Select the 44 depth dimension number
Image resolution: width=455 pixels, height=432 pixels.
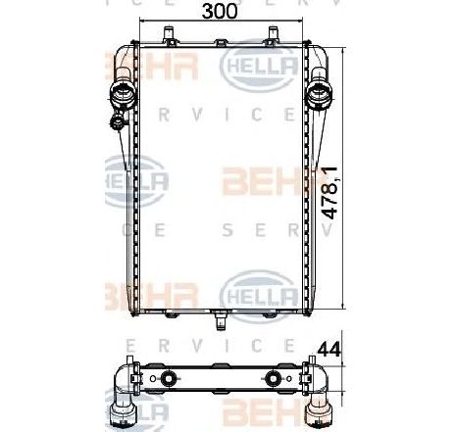click(331, 347)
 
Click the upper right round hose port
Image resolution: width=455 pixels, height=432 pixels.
click(322, 94)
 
